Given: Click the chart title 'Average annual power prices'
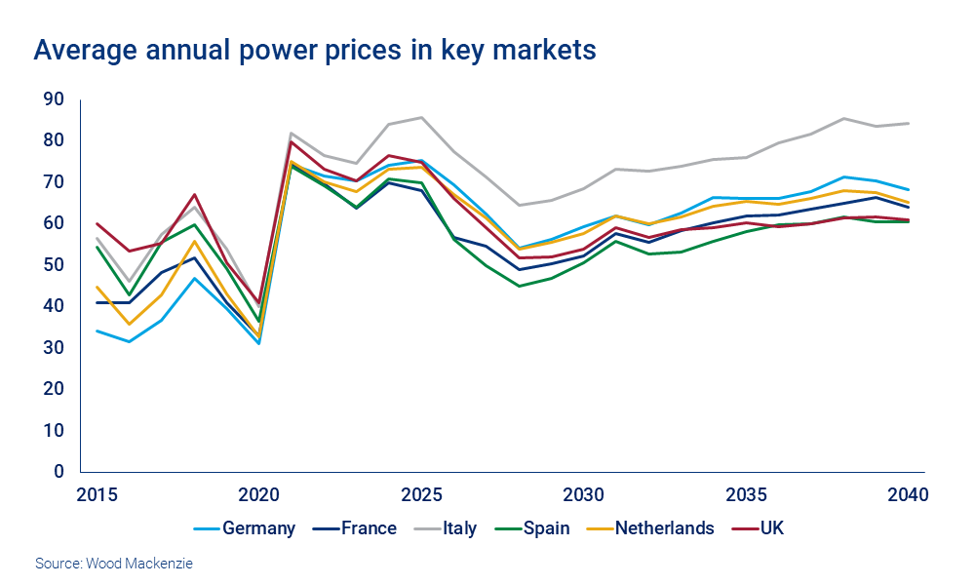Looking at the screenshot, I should point(314,50).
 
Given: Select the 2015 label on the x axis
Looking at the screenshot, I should point(96,493).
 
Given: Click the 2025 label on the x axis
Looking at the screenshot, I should point(420,493).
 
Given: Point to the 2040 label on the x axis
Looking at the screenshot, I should point(908,493).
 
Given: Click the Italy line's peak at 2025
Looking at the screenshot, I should point(421,117).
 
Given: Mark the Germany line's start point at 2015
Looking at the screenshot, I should point(96,331).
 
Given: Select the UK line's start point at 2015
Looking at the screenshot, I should point(96,223).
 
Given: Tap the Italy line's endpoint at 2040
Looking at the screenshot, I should point(909,123).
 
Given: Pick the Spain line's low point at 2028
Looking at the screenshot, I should point(519,286).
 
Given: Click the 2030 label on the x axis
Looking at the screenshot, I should point(583,493).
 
